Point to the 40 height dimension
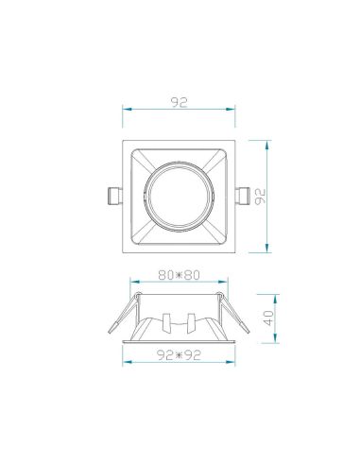(x=269, y=318)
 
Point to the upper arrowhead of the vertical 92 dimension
(x=271, y=145)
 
